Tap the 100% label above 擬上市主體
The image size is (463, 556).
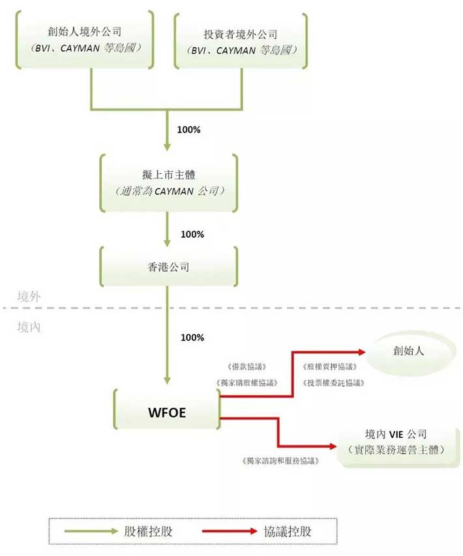click(x=190, y=129)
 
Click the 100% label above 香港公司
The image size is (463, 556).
click(x=192, y=234)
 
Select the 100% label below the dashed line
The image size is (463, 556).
click(x=192, y=338)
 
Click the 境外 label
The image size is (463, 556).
click(x=29, y=296)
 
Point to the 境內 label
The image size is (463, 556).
click(x=29, y=327)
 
